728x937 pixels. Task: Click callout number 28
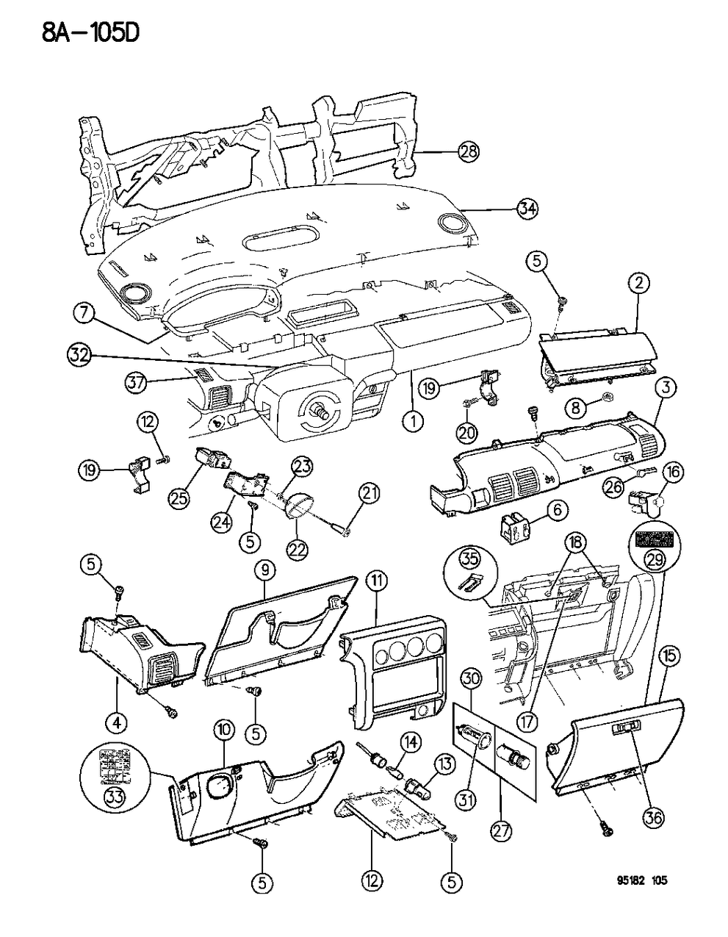[x=469, y=152]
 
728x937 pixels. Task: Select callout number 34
[x=526, y=209]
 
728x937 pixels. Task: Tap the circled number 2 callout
[x=638, y=281]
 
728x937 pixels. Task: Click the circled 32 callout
[x=79, y=355]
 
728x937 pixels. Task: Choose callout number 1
[x=414, y=422]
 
